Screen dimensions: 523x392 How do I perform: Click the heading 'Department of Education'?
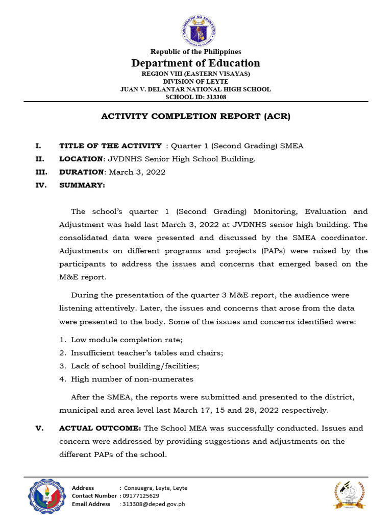point(195,63)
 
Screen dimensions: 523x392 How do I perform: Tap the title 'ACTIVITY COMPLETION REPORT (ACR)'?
point(195,116)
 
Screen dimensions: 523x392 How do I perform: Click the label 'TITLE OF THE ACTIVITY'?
point(110,146)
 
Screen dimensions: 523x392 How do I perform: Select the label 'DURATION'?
point(81,172)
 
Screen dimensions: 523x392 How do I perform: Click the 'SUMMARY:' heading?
point(82,185)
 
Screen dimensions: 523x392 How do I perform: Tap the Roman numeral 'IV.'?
point(41,185)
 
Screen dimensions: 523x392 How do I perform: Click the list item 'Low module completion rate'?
point(126,340)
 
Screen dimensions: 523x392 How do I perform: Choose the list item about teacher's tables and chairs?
point(146,353)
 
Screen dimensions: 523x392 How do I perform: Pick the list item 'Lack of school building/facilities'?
point(135,366)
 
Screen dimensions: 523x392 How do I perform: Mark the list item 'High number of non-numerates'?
point(132,379)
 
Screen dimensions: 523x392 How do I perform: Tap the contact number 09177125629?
point(140,496)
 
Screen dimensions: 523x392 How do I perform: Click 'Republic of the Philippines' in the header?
point(195,52)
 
